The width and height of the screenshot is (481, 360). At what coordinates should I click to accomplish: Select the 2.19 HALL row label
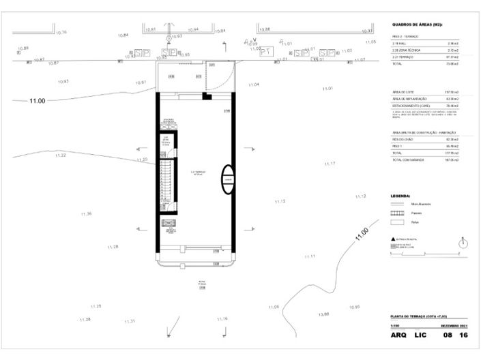click(x=400, y=44)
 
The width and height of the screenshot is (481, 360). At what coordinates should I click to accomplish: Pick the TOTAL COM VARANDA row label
click(x=408, y=160)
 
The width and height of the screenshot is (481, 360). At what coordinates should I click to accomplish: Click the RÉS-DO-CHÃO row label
click(x=403, y=139)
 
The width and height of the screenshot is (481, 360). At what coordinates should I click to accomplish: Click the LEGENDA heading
click(x=400, y=195)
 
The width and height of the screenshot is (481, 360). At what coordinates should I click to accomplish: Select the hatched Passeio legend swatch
click(x=397, y=213)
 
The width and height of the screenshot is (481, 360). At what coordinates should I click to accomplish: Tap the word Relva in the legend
click(x=415, y=222)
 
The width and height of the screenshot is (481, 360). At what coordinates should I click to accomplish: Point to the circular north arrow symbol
click(x=463, y=242)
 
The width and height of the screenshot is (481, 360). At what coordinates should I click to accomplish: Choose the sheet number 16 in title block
click(x=464, y=336)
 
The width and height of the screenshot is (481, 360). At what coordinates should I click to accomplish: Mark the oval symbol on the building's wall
click(x=229, y=180)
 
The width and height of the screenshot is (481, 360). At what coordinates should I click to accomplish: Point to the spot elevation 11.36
click(x=86, y=214)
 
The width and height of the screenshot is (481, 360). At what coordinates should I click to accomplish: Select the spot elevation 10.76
click(x=61, y=32)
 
